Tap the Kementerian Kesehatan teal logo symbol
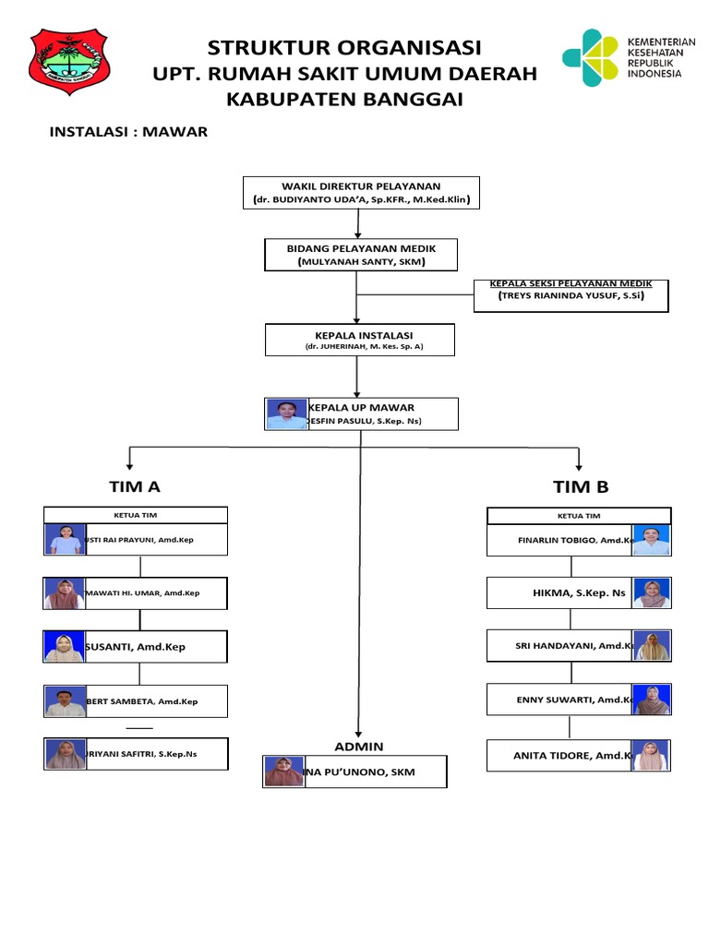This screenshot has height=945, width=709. (589, 58)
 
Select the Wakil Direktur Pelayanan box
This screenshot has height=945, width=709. (361, 193)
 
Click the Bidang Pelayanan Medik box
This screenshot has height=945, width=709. (361, 255)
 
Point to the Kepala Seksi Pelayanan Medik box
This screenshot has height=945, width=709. (571, 294)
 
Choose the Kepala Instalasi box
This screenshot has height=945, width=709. (361, 340)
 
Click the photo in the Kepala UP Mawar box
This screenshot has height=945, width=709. (285, 414)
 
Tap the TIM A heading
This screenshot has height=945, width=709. (135, 486)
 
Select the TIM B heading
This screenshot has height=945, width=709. (581, 486)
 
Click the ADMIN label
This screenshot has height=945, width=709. (359, 746)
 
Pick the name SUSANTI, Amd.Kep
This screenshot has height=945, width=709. (135, 647)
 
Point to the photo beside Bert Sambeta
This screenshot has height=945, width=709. (65, 702)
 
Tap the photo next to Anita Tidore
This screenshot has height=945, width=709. (651, 756)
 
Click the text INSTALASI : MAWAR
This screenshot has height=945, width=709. (128, 131)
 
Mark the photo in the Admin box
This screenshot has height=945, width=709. (284, 772)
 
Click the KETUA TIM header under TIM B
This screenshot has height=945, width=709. (579, 516)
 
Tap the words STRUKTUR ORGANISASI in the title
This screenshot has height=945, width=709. (344, 48)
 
